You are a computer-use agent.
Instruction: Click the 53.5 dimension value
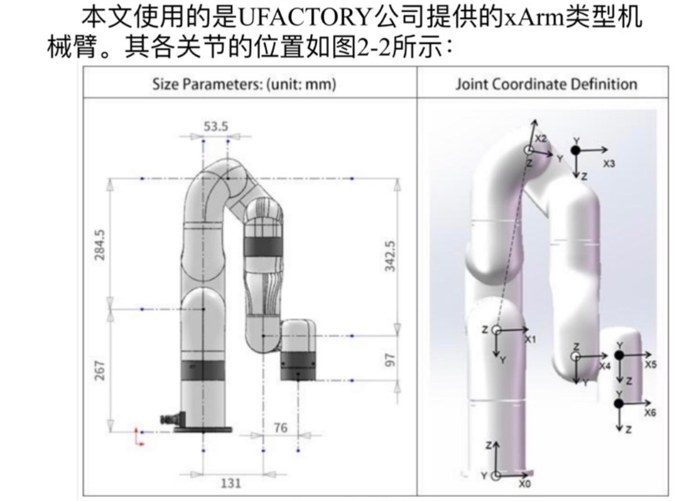click(215, 126)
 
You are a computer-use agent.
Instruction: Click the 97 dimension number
click(390, 360)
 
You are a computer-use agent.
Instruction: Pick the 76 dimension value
click(281, 427)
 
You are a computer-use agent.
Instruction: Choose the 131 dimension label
click(231, 483)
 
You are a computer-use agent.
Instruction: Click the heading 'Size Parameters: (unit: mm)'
click(244, 85)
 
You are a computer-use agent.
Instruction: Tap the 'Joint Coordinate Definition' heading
click(546, 84)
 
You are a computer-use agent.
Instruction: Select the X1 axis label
click(530, 340)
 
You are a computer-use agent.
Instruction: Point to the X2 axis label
click(541, 138)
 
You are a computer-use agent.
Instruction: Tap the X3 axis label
click(609, 163)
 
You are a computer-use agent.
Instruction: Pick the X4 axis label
click(604, 366)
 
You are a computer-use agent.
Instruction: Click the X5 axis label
click(650, 364)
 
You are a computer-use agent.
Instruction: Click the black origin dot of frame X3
click(575, 150)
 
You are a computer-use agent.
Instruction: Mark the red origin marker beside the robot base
click(138, 436)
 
